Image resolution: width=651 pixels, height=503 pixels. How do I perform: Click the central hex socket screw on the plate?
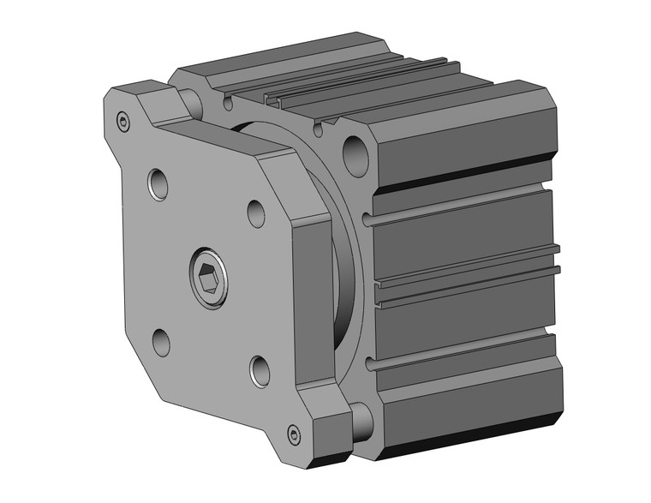pyautogui.click(x=208, y=276)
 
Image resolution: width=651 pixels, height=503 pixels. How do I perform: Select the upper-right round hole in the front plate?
pyautogui.click(x=256, y=212)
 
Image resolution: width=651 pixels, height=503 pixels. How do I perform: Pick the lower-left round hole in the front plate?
pyautogui.click(x=161, y=342)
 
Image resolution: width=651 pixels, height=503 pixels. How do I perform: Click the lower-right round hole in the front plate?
pyautogui.click(x=260, y=369)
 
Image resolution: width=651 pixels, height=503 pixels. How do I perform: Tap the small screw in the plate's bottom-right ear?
pyautogui.click(x=296, y=434)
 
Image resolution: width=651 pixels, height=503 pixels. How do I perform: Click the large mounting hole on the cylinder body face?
pyautogui.click(x=355, y=155)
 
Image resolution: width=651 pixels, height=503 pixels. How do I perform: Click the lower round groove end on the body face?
pyautogui.click(x=371, y=366)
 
